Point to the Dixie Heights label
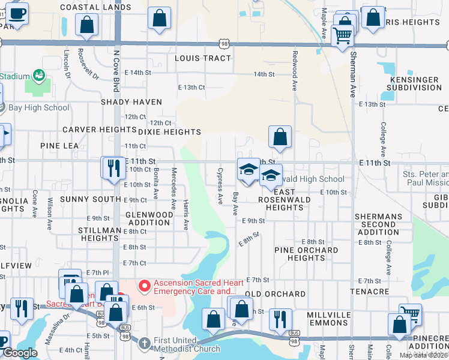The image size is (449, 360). pos(169,132)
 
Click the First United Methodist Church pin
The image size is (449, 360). pos(144,343)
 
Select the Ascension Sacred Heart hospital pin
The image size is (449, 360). pos(143,285)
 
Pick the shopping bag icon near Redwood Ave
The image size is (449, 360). pos(280,137)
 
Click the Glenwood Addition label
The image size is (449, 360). pos(148,218)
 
